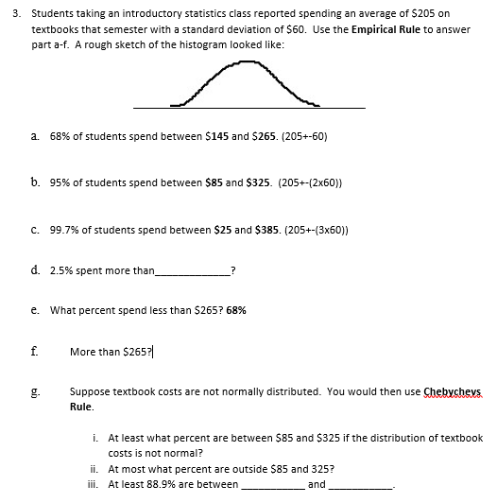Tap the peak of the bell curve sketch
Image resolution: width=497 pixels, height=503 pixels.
tap(245, 63)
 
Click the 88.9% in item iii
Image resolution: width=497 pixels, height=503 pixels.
tap(154, 484)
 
